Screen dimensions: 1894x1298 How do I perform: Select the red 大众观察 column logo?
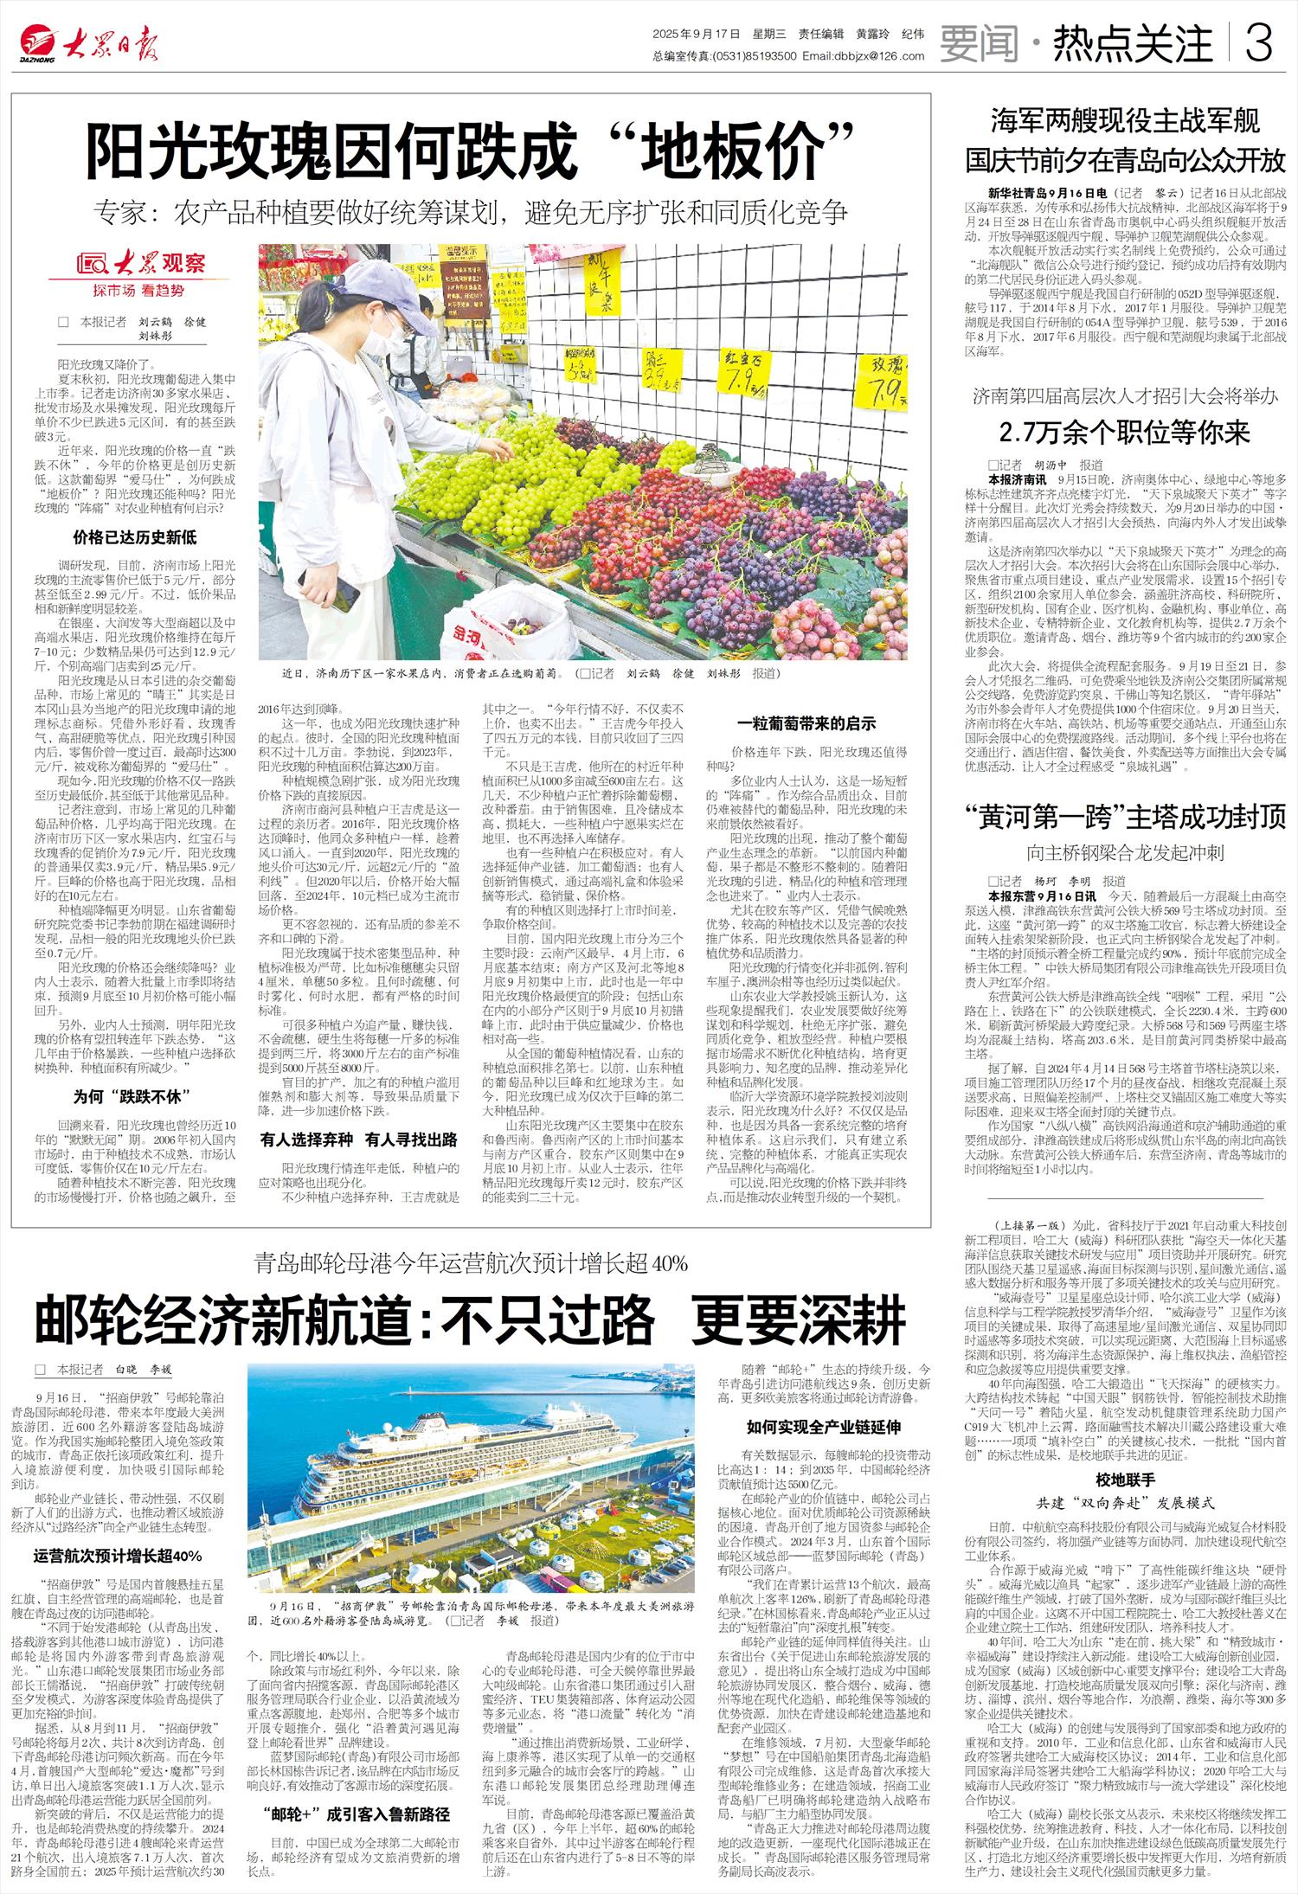[140, 264]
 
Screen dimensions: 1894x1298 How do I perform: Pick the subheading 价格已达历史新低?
[134, 537]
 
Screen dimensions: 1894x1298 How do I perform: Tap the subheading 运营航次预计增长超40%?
[118, 1557]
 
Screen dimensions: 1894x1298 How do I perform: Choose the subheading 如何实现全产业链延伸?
[823, 1427]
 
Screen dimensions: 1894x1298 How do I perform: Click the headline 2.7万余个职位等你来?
[1125, 432]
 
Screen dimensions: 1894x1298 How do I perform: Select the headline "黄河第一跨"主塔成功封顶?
[1125, 816]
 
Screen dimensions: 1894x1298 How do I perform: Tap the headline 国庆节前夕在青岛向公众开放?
[1125, 160]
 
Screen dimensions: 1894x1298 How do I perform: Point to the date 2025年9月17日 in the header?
[697, 35]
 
